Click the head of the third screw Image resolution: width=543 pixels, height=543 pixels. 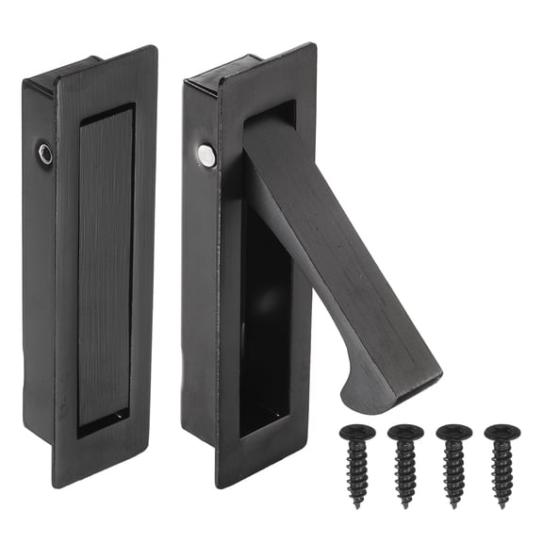453,434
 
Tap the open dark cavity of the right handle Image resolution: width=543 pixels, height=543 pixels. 264,311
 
